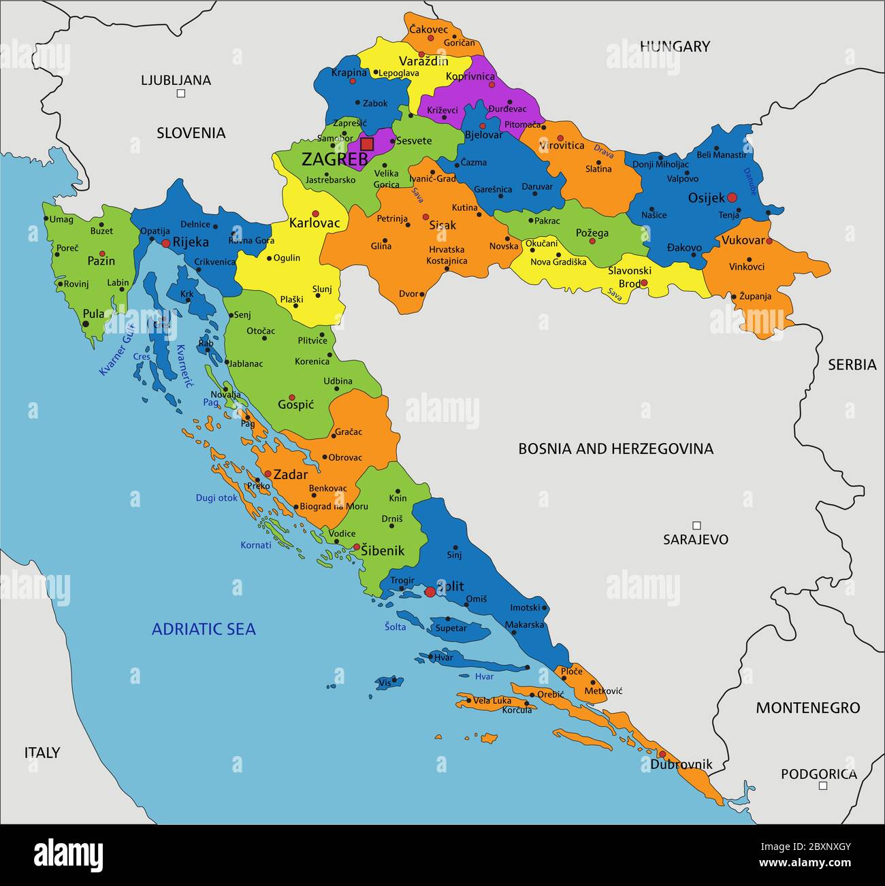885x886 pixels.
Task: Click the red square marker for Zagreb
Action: click(367, 144)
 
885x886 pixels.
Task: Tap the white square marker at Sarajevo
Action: click(696, 525)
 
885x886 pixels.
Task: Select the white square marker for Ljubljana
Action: click(181, 94)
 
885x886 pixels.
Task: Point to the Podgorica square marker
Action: click(822, 785)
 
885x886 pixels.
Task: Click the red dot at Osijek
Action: click(732, 197)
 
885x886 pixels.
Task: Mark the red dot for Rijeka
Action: click(165, 243)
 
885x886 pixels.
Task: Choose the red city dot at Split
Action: click(430, 592)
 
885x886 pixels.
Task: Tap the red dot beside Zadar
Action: click(268, 474)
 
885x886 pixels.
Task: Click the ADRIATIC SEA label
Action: click(204, 629)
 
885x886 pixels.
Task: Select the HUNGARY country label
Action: click(674, 46)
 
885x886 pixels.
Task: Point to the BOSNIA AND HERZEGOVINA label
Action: click(615, 448)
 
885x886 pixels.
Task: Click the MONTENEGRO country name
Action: click(807, 708)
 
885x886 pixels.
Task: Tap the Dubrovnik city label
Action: click(681, 764)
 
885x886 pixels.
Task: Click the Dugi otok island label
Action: click(216, 498)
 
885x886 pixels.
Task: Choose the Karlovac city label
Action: click(314, 223)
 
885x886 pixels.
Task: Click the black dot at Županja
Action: click(733, 296)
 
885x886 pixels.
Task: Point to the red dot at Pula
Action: click(86, 324)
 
